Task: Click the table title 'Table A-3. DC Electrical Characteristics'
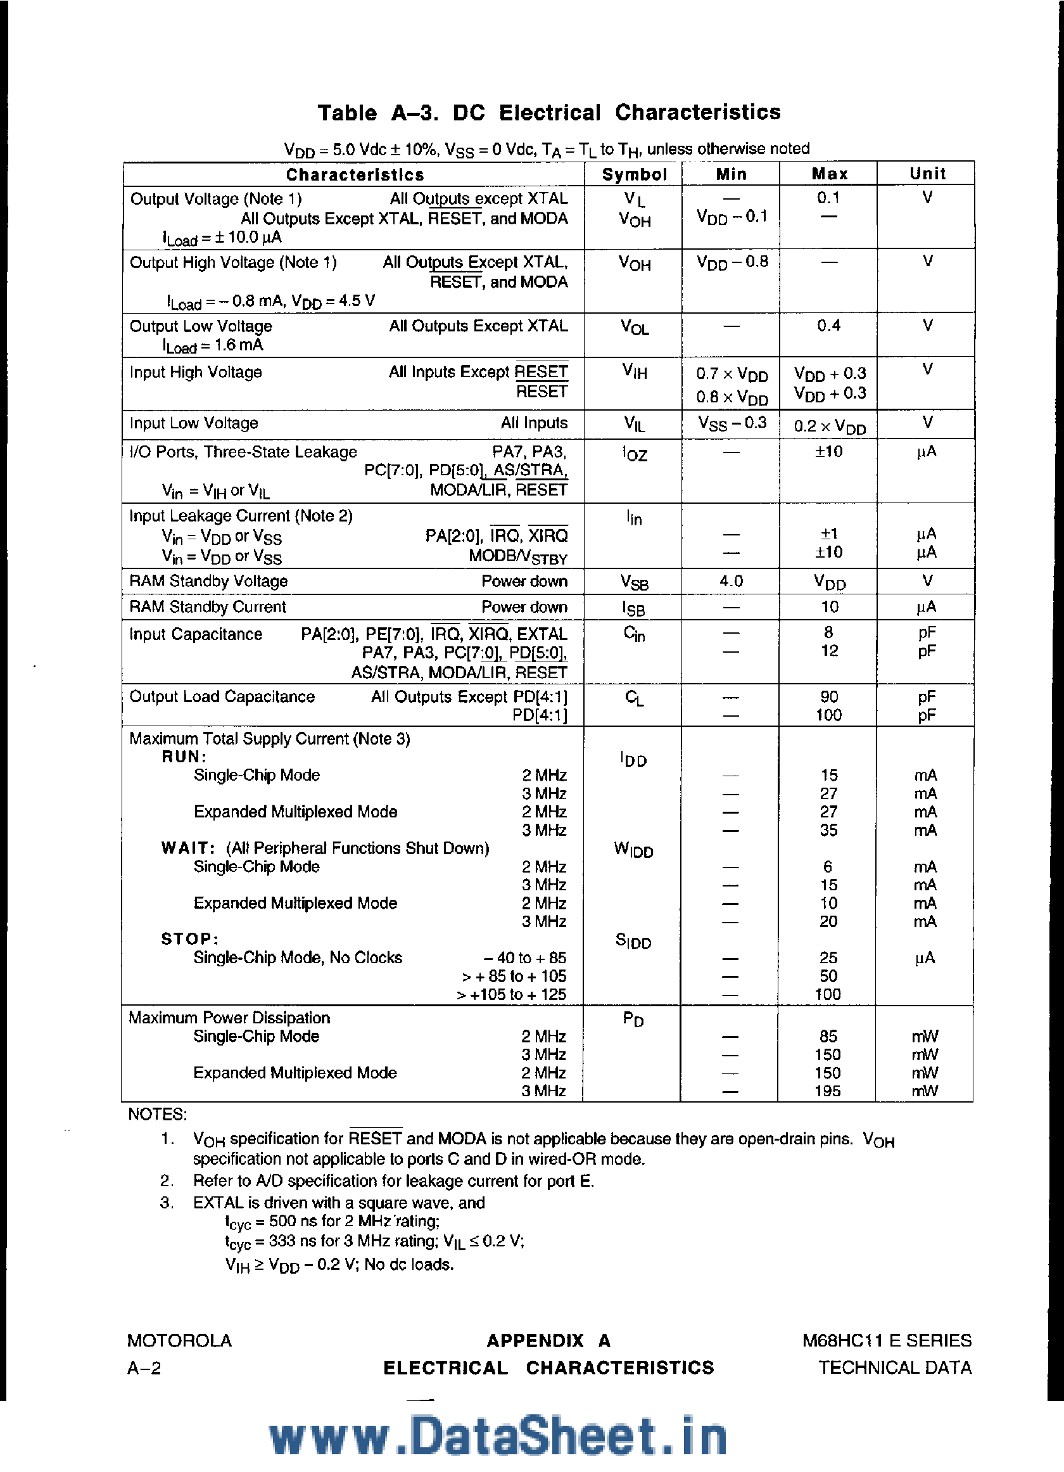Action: pyautogui.click(x=549, y=112)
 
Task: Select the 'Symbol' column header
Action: pyautogui.click(x=634, y=174)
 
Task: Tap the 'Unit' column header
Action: pyautogui.click(x=927, y=173)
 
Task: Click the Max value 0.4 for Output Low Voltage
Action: pyautogui.click(x=828, y=325)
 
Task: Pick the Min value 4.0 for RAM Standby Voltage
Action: pyautogui.click(x=731, y=581)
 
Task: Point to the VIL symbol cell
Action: pyautogui.click(x=634, y=424)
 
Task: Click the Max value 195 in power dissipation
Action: pyautogui.click(x=828, y=1091)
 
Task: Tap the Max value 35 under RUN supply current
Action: pyautogui.click(x=828, y=830)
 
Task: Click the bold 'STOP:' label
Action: pyautogui.click(x=189, y=939)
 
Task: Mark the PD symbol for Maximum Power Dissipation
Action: pyautogui.click(x=633, y=1019)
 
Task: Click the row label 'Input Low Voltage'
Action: pyautogui.click(x=194, y=423)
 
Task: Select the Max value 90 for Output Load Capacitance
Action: pyautogui.click(x=828, y=696)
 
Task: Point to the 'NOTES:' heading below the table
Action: pyautogui.click(x=158, y=1115)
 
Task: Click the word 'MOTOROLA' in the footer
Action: pyautogui.click(x=179, y=1340)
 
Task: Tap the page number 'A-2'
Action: pyautogui.click(x=144, y=1367)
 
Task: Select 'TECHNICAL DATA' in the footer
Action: pyautogui.click(x=895, y=1367)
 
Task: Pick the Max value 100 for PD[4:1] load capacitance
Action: pyautogui.click(x=828, y=715)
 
